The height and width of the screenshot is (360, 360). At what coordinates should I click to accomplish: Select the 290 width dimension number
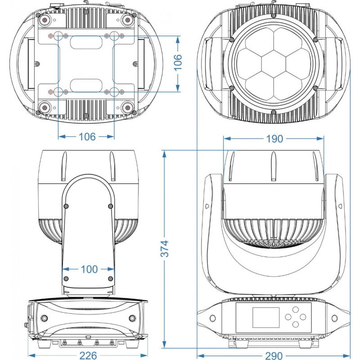(x=274, y=355)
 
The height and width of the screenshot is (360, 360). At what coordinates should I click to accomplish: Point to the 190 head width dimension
(x=274, y=139)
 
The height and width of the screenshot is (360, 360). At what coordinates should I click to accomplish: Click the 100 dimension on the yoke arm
(x=90, y=269)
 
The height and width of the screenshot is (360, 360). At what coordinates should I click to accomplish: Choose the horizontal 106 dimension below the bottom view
(x=87, y=136)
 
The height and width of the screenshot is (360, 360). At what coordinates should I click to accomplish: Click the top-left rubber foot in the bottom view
(x=45, y=20)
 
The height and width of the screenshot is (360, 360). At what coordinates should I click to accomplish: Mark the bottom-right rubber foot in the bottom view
(x=128, y=107)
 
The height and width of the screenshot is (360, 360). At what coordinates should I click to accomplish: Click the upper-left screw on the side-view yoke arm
(x=66, y=206)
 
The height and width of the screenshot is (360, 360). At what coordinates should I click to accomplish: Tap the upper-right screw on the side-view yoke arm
(x=111, y=206)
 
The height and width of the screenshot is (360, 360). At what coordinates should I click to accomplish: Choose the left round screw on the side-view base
(x=45, y=319)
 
